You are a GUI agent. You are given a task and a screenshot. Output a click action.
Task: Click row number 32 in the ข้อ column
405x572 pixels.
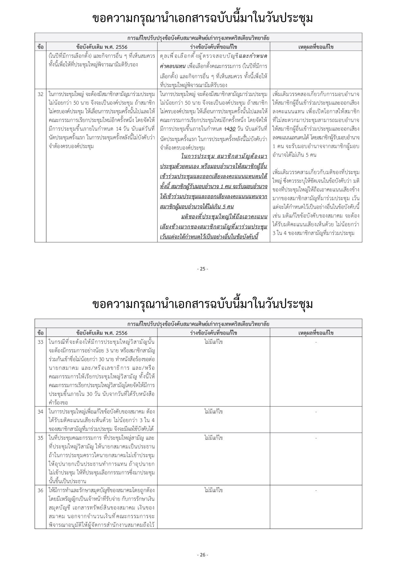(40, 94)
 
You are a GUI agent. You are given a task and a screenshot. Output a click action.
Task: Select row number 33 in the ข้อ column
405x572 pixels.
(40, 342)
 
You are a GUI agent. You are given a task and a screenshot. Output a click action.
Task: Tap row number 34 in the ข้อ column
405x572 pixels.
(40, 412)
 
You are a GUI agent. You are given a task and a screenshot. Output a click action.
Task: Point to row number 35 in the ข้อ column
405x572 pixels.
(40, 438)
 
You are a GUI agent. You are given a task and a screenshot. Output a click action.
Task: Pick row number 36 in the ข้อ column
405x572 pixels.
(40, 490)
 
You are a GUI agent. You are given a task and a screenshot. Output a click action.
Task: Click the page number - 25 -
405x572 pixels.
(202, 269)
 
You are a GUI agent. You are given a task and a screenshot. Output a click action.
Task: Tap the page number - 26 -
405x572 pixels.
(202, 555)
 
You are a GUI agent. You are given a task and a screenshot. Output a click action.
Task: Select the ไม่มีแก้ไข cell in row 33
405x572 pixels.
(213, 342)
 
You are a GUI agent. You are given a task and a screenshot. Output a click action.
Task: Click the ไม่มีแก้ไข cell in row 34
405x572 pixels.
(213, 412)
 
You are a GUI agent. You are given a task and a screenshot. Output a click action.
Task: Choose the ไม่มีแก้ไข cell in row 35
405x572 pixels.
(213, 438)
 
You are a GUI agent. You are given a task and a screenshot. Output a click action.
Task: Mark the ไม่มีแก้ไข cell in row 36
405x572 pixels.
(213, 490)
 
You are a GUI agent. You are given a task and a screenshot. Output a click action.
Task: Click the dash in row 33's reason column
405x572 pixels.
(316, 342)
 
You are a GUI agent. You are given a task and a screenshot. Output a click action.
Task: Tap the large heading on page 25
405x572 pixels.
(202, 18)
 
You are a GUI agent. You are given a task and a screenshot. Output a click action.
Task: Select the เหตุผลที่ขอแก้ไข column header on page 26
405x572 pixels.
(316, 333)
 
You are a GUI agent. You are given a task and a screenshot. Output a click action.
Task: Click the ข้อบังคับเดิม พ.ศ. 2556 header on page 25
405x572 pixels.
(102, 47)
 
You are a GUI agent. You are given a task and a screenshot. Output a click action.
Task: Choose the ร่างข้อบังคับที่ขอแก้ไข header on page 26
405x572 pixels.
(213, 333)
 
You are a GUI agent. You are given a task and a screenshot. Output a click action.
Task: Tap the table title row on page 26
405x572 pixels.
(198, 324)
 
